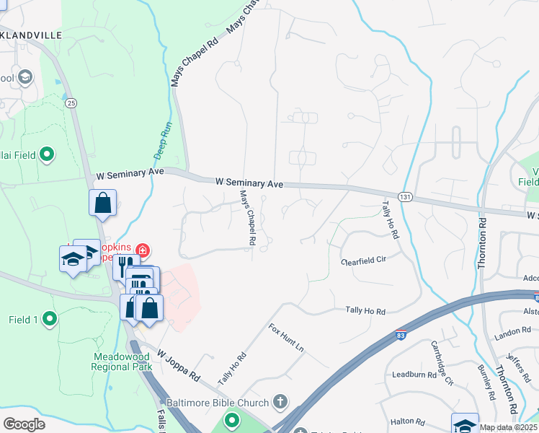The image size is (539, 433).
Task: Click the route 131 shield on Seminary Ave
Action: pyautogui.click(x=407, y=196)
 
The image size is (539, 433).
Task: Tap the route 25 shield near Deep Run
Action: pyautogui.click(x=71, y=103)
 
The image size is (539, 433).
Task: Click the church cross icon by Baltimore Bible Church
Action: pyautogui.click(x=280, y=402)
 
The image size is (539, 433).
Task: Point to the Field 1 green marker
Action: pyautogui.click(x=49, y=318)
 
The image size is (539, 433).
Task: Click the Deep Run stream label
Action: pyautogui.click(x=164, y=140)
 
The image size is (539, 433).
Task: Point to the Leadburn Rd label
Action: pyautogui.click(x=415, y=375)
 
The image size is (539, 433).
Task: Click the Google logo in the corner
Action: pyautogui.click(x=24, y=424)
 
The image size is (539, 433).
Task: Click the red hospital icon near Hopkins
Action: pyautogui.click(x=143, y=250)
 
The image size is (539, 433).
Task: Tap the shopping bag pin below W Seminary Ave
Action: pyautogui.click(x=103, y=203)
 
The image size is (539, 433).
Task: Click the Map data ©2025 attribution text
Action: pyautogui.click(x=509, y=427)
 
